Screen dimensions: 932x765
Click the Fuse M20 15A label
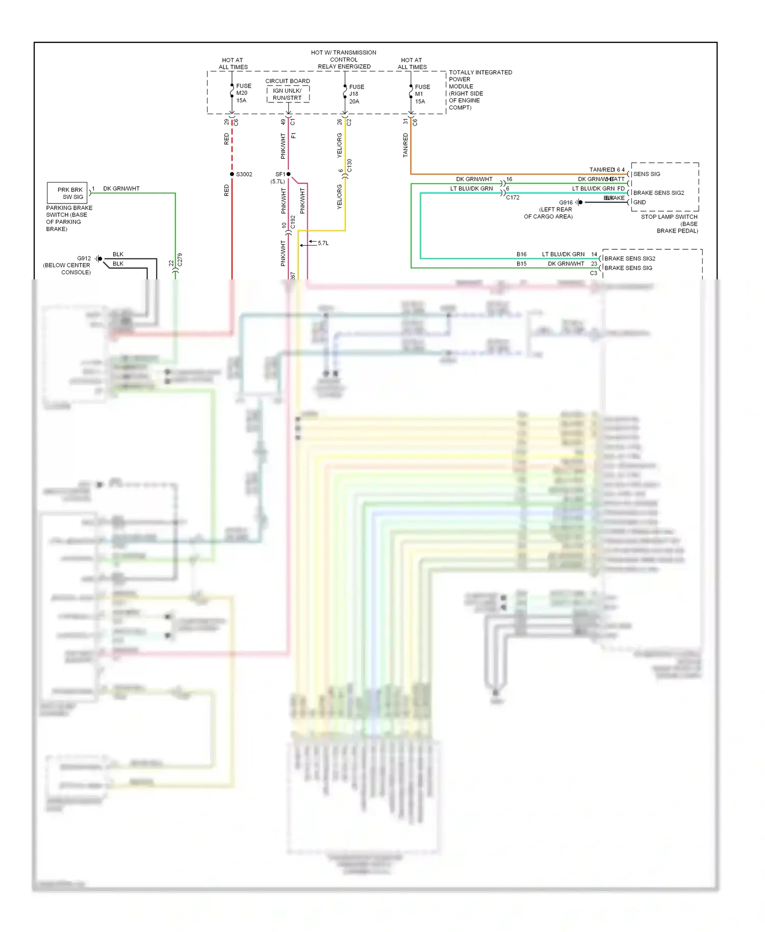243,93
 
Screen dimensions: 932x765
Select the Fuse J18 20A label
356,94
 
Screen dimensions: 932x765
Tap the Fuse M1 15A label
422,94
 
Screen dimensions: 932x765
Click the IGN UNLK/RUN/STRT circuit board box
288,94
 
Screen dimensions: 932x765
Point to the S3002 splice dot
232,174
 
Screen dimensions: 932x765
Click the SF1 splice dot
288,174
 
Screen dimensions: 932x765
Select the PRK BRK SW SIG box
67,193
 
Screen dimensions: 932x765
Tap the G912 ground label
84,258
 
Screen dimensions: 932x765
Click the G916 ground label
566,202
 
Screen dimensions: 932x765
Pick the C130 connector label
349,166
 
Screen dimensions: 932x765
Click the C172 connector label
513,197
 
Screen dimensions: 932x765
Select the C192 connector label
293,222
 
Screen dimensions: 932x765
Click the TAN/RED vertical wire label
405,145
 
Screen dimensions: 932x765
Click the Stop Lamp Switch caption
669,224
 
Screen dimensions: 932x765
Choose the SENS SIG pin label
647,174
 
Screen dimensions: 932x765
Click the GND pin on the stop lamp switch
640,202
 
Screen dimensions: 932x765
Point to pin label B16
521,254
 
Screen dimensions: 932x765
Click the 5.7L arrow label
323,243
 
